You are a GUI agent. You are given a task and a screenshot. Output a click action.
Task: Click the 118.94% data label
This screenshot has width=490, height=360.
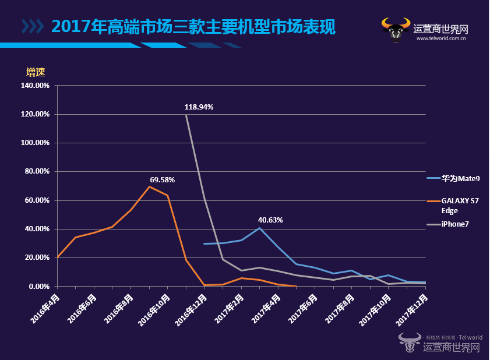(x=199, y=107)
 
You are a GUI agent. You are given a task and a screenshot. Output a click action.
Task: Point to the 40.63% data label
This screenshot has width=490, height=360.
(x=270, y=220)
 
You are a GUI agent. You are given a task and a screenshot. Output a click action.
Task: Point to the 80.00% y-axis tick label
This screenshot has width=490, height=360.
(x=36, y=171)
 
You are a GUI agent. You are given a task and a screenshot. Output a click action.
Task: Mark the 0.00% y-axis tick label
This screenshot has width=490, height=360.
(x=38, y=287)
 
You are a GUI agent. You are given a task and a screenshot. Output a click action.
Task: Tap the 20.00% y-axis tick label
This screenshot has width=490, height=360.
(x=36, y=257)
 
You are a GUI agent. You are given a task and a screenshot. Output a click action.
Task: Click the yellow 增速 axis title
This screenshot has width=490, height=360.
(x=36, y=72)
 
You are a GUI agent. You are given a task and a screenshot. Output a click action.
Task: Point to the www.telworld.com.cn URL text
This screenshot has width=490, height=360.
(x=440, y=39)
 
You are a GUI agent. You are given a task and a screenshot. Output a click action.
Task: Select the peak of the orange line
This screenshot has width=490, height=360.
(x=149, y=186)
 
